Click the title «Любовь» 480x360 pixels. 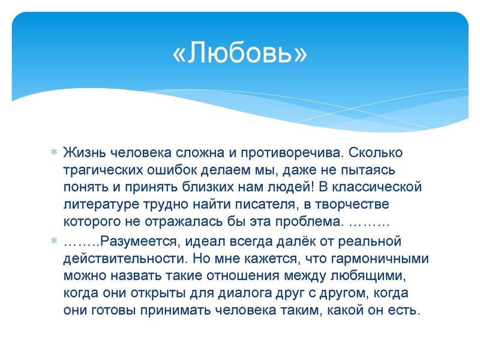[239, 53]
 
